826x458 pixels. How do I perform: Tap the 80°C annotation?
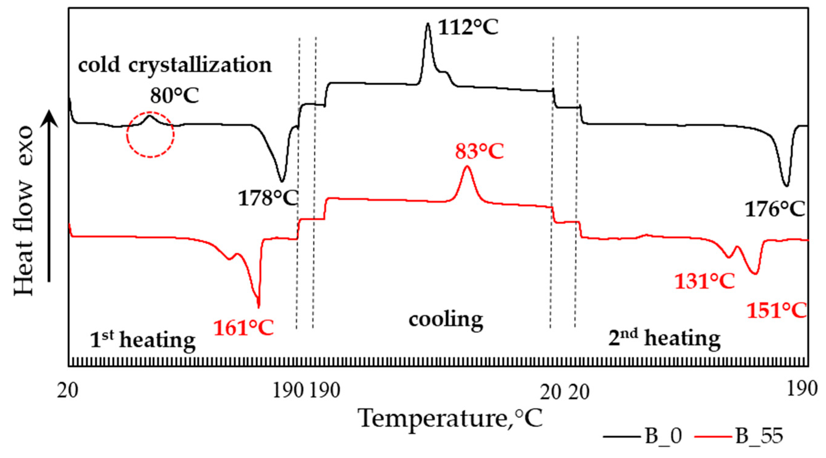point(175,96)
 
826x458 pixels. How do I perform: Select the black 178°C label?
point(268,199)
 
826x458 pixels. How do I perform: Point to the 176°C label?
point(775,210)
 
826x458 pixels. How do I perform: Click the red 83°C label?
point(479,152)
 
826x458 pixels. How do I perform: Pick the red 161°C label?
point(244,328)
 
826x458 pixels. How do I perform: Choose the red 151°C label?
point(777,311)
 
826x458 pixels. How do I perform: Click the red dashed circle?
point(150,134)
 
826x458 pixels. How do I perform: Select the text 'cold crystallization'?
point(175,65)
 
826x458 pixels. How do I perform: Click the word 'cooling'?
point(446,320)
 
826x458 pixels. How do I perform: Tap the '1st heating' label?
point(143,341)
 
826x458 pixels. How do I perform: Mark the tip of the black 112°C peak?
point(427,24)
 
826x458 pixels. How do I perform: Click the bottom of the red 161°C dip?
point(259,307)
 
